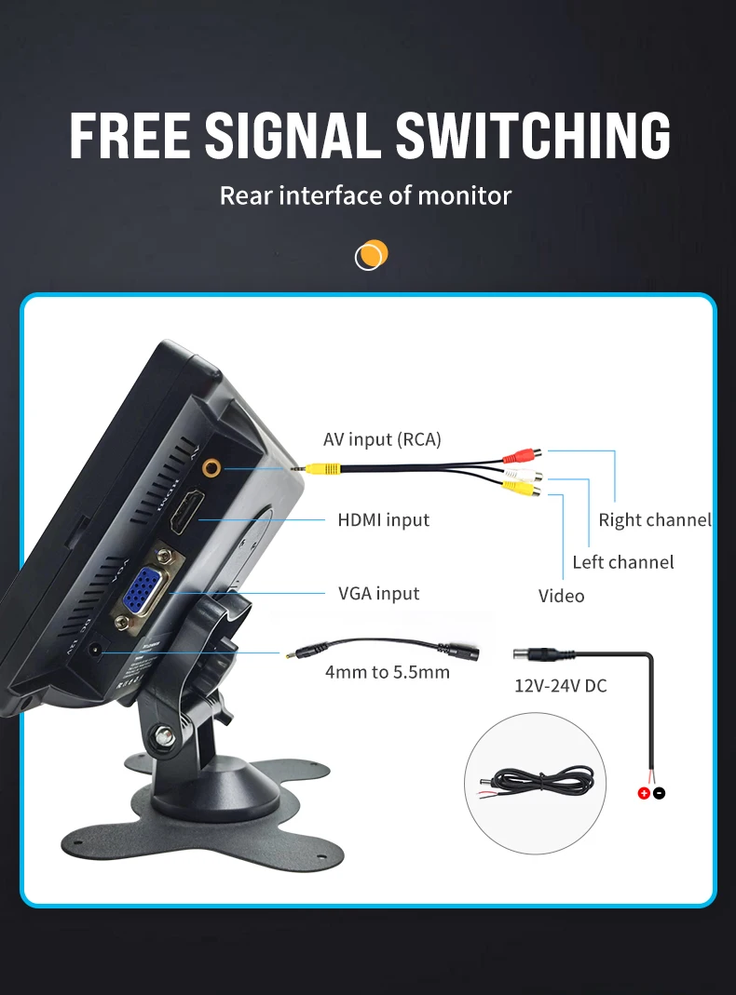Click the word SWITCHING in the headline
click(x=533, y=135)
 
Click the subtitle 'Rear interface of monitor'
click(x=365, y=195)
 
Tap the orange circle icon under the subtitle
click(x=371, y=254)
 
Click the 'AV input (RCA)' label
click(x=382, y=439)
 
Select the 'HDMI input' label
click(x=383, y=519)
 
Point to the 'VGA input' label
click(x=378, y=593)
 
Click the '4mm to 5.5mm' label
click(x=387, y=671)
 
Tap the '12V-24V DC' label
click(x=560, y=686)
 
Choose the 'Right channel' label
click(x=654, y=519)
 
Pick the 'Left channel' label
click(x=622, y=561)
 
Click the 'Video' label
click(x=561, y=596)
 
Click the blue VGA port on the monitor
click(x=143, y=593)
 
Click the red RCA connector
click(x=520, y=455)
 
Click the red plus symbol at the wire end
click(x=643, y=793)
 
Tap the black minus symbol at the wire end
click(x=659, y=793)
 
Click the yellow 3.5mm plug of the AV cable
click(x=322, y=468)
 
